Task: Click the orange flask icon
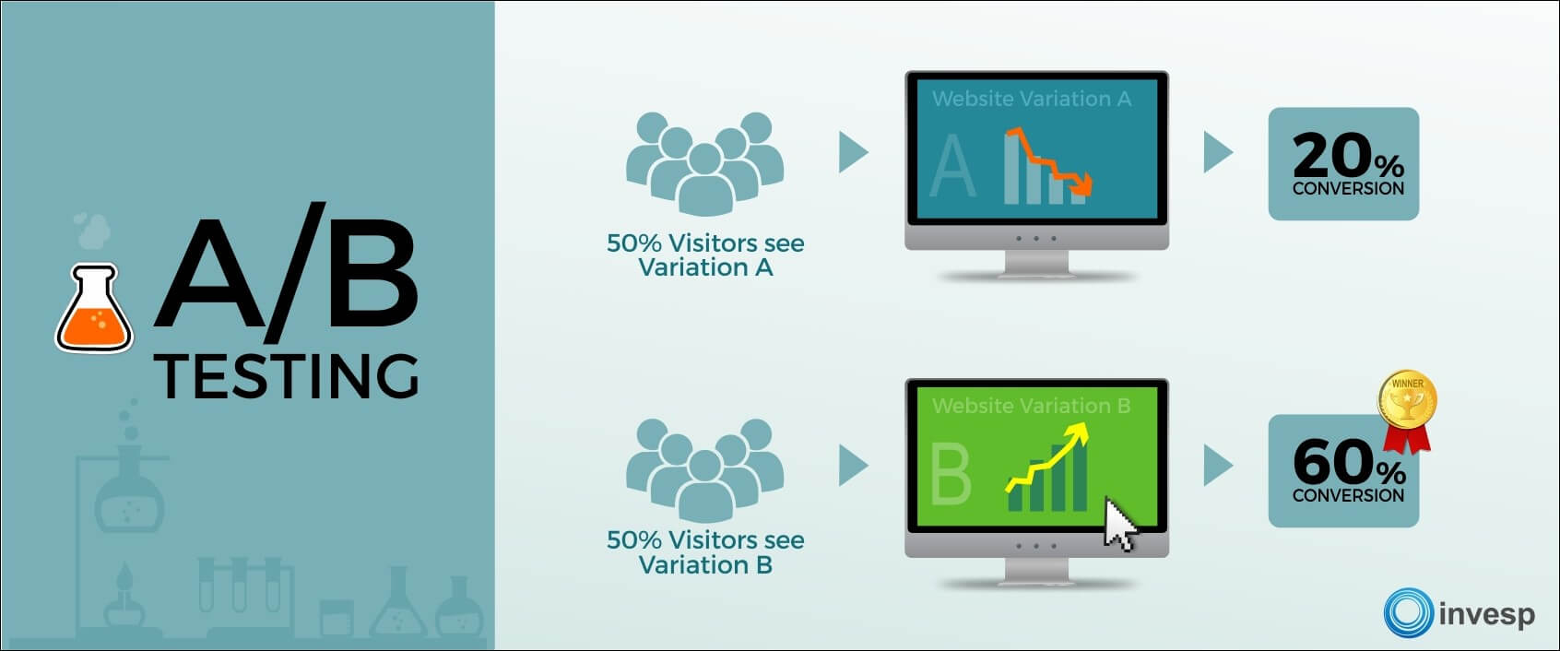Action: (x=94, y=309)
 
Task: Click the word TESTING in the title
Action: (x=286, y=376)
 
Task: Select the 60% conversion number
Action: (x=1349, y=462)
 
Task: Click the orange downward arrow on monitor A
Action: (x=1049, y=161)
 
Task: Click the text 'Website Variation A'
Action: (x=1032, y=99)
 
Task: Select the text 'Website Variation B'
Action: (x=1031, y=406)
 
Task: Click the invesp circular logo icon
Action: (x=1408, y=612)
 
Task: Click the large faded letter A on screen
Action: (x=952, y=165)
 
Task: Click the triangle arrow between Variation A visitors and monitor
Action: (x=853, y=152)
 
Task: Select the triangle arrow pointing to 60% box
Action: (x=1217, y=465)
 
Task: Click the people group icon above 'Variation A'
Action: (x=704, y=163)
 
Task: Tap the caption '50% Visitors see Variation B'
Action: (x=705, y=552)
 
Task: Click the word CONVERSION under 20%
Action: (x=1348, y=188)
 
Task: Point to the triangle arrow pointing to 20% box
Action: (x=1217, y=152)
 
